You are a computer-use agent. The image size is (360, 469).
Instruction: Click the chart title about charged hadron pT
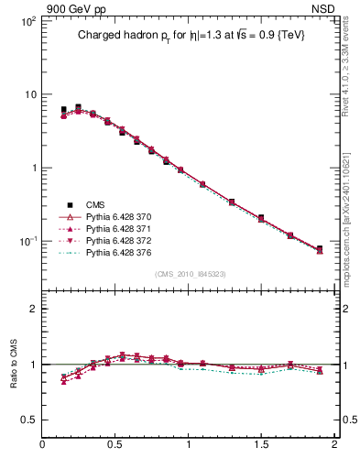190,36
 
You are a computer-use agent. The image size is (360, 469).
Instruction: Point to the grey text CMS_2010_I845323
189,273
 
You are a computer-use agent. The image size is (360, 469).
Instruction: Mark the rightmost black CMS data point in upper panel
320,249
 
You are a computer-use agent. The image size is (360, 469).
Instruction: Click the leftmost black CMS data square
63,110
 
